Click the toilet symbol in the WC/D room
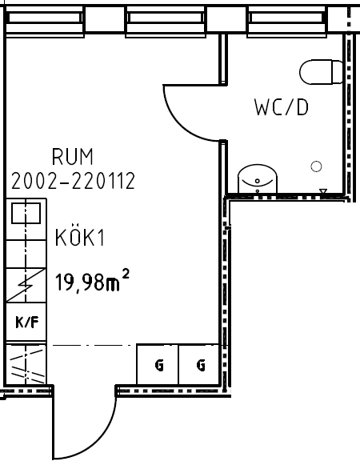(x=321, y=72)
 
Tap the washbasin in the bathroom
(x=257, y=178)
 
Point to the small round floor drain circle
(x=316, y=166)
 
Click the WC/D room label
(x=282, y=107)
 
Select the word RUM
(x=73, y=157)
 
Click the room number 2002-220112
(x=73, y=181)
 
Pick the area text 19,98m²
(x=92, y=281)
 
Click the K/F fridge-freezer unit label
(x=27, y=323)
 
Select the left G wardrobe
(x=158, y=364)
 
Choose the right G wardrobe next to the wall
(x=199, y=364)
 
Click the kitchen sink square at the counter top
(x=26, y=213)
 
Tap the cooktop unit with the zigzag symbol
(x=26, y=285)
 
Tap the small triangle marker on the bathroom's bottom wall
(x=323, y=191)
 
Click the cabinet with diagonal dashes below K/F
(x=26, y=364)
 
